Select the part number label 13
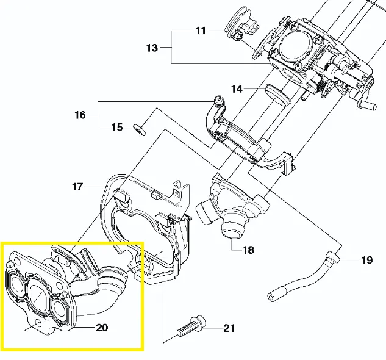(x=152, y=48)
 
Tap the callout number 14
(x=236, y=89)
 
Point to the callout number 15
(x=116, y=128)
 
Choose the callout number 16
(x=80, y=114)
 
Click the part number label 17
(x=77, y=187)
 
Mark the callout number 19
(x=366, y=261)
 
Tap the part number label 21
(x=229, y=329)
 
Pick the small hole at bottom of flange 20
(x=38, y=322)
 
